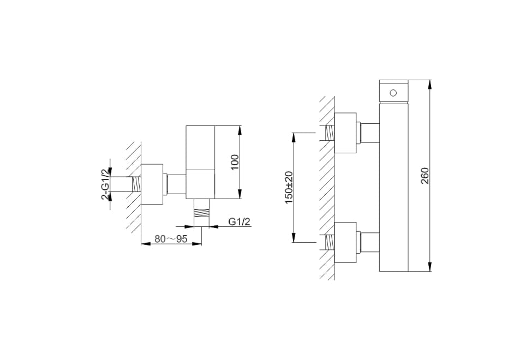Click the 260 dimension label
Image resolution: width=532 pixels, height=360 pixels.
(x=425, y=176)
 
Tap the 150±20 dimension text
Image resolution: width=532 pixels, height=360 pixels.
(x=289, y=188)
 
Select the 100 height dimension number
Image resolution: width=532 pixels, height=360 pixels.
(x=235, y=163)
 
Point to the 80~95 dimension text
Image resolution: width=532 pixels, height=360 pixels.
(x=171, y=239)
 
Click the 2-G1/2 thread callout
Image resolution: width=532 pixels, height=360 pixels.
(x=105, y=184)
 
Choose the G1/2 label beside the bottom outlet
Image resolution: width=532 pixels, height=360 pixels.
(x=239, y=222)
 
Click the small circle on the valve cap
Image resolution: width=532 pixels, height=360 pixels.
(x=393, y=93)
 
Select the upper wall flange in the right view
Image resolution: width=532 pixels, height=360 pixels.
(x=345, y=133)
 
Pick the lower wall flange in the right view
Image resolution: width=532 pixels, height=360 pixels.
(x=345, y=242)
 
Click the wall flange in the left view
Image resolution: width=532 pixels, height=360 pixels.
(x=152, y=184)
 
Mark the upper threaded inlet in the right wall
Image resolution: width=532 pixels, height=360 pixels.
(x=329, y=133)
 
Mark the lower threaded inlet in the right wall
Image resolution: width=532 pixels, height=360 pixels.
(x=329, y=242)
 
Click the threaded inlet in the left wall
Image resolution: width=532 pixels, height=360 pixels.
(x=136, y=184)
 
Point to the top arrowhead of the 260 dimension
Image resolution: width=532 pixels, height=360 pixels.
(x=429, y=84)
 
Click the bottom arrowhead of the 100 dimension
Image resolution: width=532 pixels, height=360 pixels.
(x=240, y=194)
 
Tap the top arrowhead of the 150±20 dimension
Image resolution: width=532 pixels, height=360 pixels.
(x=294, y=137)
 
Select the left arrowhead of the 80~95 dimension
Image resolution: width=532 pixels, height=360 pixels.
(x=145, y=243)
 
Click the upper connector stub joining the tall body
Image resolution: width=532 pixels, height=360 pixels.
(x=369, y=133)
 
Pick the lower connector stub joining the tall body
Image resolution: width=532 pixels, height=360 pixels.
(x=369, y=242)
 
